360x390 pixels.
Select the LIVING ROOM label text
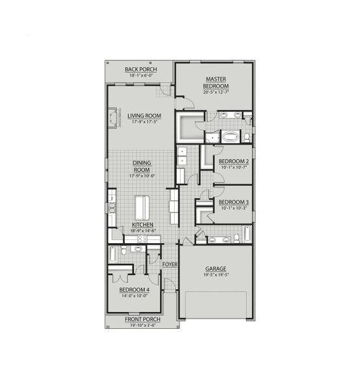point(144,116)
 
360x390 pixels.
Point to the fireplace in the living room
point(115,119)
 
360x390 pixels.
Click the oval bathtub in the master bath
point(231,137)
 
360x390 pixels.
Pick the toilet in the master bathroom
point(246,136)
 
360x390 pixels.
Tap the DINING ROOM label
point(141,166)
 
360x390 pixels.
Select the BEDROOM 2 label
point(233,161)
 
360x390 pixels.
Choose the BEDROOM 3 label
point(233,203)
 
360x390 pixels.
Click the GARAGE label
point(215,268)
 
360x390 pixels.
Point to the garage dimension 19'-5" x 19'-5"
point(215,274)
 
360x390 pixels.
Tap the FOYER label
point(170,265)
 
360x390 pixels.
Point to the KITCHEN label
point(142,224)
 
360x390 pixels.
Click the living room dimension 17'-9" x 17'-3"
point(144,122)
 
